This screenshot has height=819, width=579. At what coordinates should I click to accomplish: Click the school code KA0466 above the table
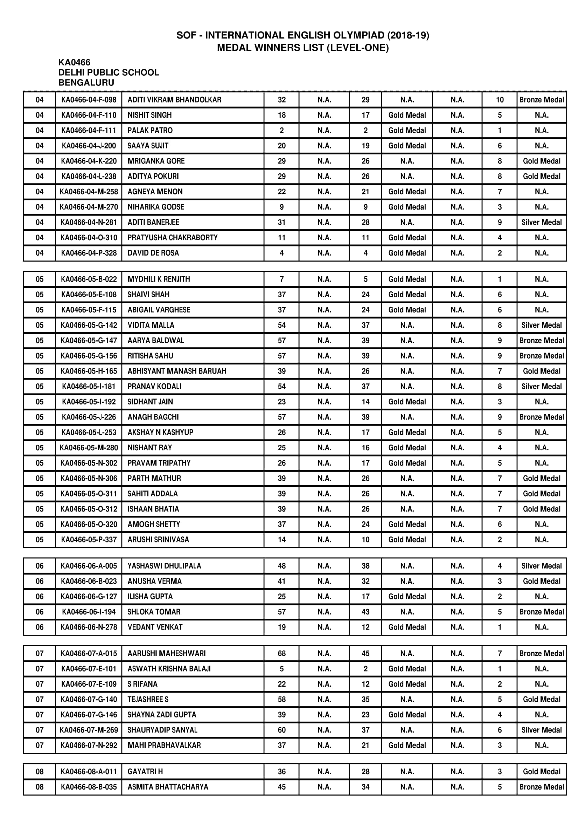[74, 62]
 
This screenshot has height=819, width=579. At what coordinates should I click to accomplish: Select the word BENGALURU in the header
[86, 83]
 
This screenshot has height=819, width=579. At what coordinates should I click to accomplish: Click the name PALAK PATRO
[150, 131]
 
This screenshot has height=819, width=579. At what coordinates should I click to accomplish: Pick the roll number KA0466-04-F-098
[89, 100]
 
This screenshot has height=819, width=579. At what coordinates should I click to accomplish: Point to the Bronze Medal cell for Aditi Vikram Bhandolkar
[541, 100]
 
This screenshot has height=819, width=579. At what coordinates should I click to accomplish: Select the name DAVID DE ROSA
[153, 253]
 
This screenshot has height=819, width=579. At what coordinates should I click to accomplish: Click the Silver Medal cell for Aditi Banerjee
[541, 223]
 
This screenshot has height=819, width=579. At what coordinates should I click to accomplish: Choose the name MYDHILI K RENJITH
[159, 279]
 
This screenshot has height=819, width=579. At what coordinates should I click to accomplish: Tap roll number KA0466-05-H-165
[89, 371]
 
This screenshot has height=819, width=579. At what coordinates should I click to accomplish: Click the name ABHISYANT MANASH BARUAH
[177, 371]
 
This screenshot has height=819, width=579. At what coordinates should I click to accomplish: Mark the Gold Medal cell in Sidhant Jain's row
[407, 402]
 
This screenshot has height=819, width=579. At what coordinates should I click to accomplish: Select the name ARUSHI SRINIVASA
[158, 540]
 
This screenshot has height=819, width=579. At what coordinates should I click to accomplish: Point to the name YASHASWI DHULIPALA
[164, 566]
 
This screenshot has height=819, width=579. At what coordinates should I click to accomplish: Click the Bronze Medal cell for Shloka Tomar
[541, 612]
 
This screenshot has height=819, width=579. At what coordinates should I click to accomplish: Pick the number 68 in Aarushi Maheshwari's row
[282, 653]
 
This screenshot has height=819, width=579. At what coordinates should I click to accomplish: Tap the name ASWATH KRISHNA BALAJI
[169, 669]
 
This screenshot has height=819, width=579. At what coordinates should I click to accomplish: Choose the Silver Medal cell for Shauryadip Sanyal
[541, 730]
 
